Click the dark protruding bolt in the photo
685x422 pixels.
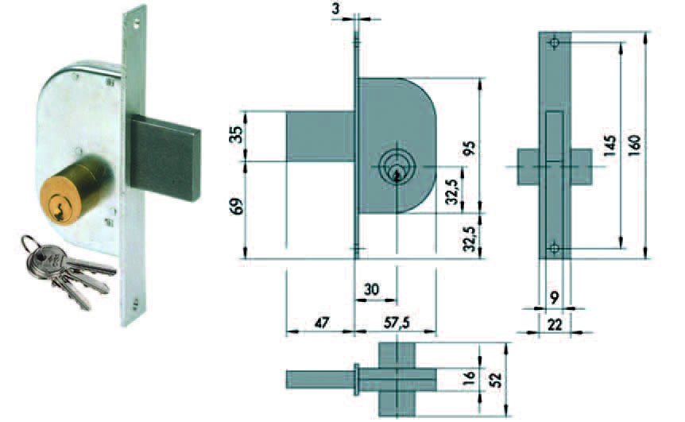pyautogui.click(x=164, y=157)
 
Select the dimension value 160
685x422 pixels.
pyautogui.click(x=635, y=144)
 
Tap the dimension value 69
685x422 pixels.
pyautogui.click(x=235, y=206)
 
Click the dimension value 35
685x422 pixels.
pyautogui.click(x=235, y=135)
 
